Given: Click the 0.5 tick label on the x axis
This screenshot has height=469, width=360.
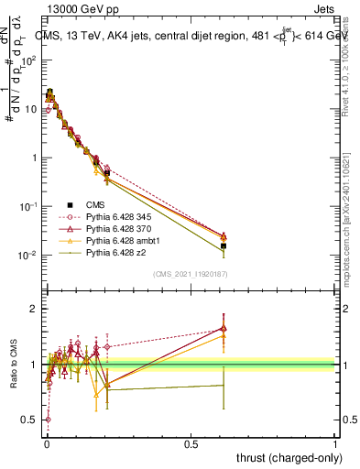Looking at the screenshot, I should click(x=191, y=443).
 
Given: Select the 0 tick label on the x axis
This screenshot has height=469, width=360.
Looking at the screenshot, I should click(x=47, y=443).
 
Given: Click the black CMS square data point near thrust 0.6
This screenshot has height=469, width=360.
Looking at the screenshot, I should click(x=224, y=245).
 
